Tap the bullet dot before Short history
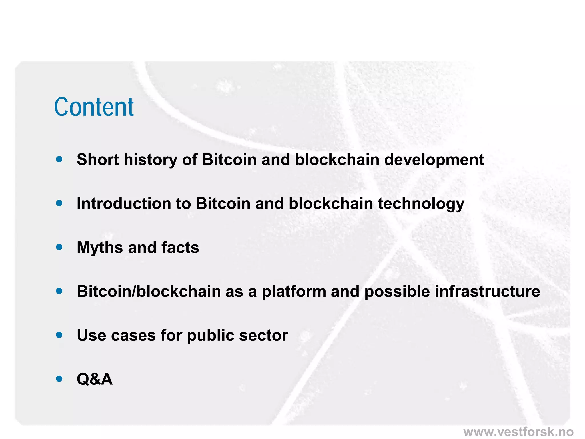click(x=59, y=159)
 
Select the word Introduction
click(x=123, y=204)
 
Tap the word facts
click(x=180, y=248)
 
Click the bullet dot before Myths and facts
click(x=59, y=247)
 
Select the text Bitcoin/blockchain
click(x=149, y=292)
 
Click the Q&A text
click(x=95, y=380)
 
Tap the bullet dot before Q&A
click(x=59, y=379)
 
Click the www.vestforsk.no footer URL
click(x=518, y=432)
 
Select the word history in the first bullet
click(x=150, y=160)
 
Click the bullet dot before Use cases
click(x=59, y=335)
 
